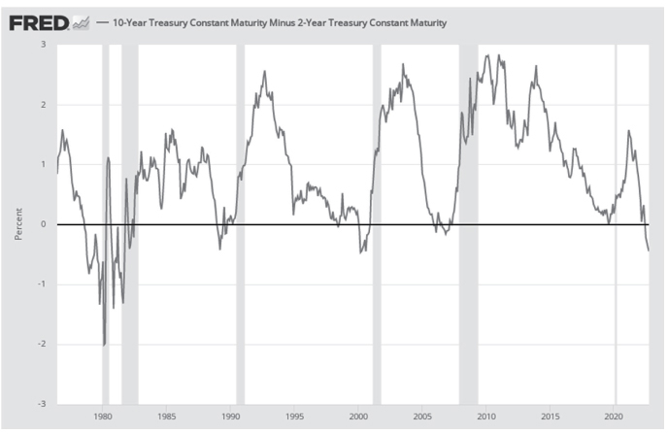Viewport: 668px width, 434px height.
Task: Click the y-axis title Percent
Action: click(18, 224)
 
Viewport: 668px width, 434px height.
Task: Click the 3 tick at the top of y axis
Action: click(43, 45)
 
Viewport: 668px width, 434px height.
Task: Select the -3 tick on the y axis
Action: click(41, 404)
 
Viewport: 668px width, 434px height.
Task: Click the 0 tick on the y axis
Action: click(43, 224)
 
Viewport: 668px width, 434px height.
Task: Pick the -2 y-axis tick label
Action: click(41, 344)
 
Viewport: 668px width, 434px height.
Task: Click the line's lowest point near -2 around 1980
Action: click(104, 345)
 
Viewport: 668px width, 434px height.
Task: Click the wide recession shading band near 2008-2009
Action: click(468, 224)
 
